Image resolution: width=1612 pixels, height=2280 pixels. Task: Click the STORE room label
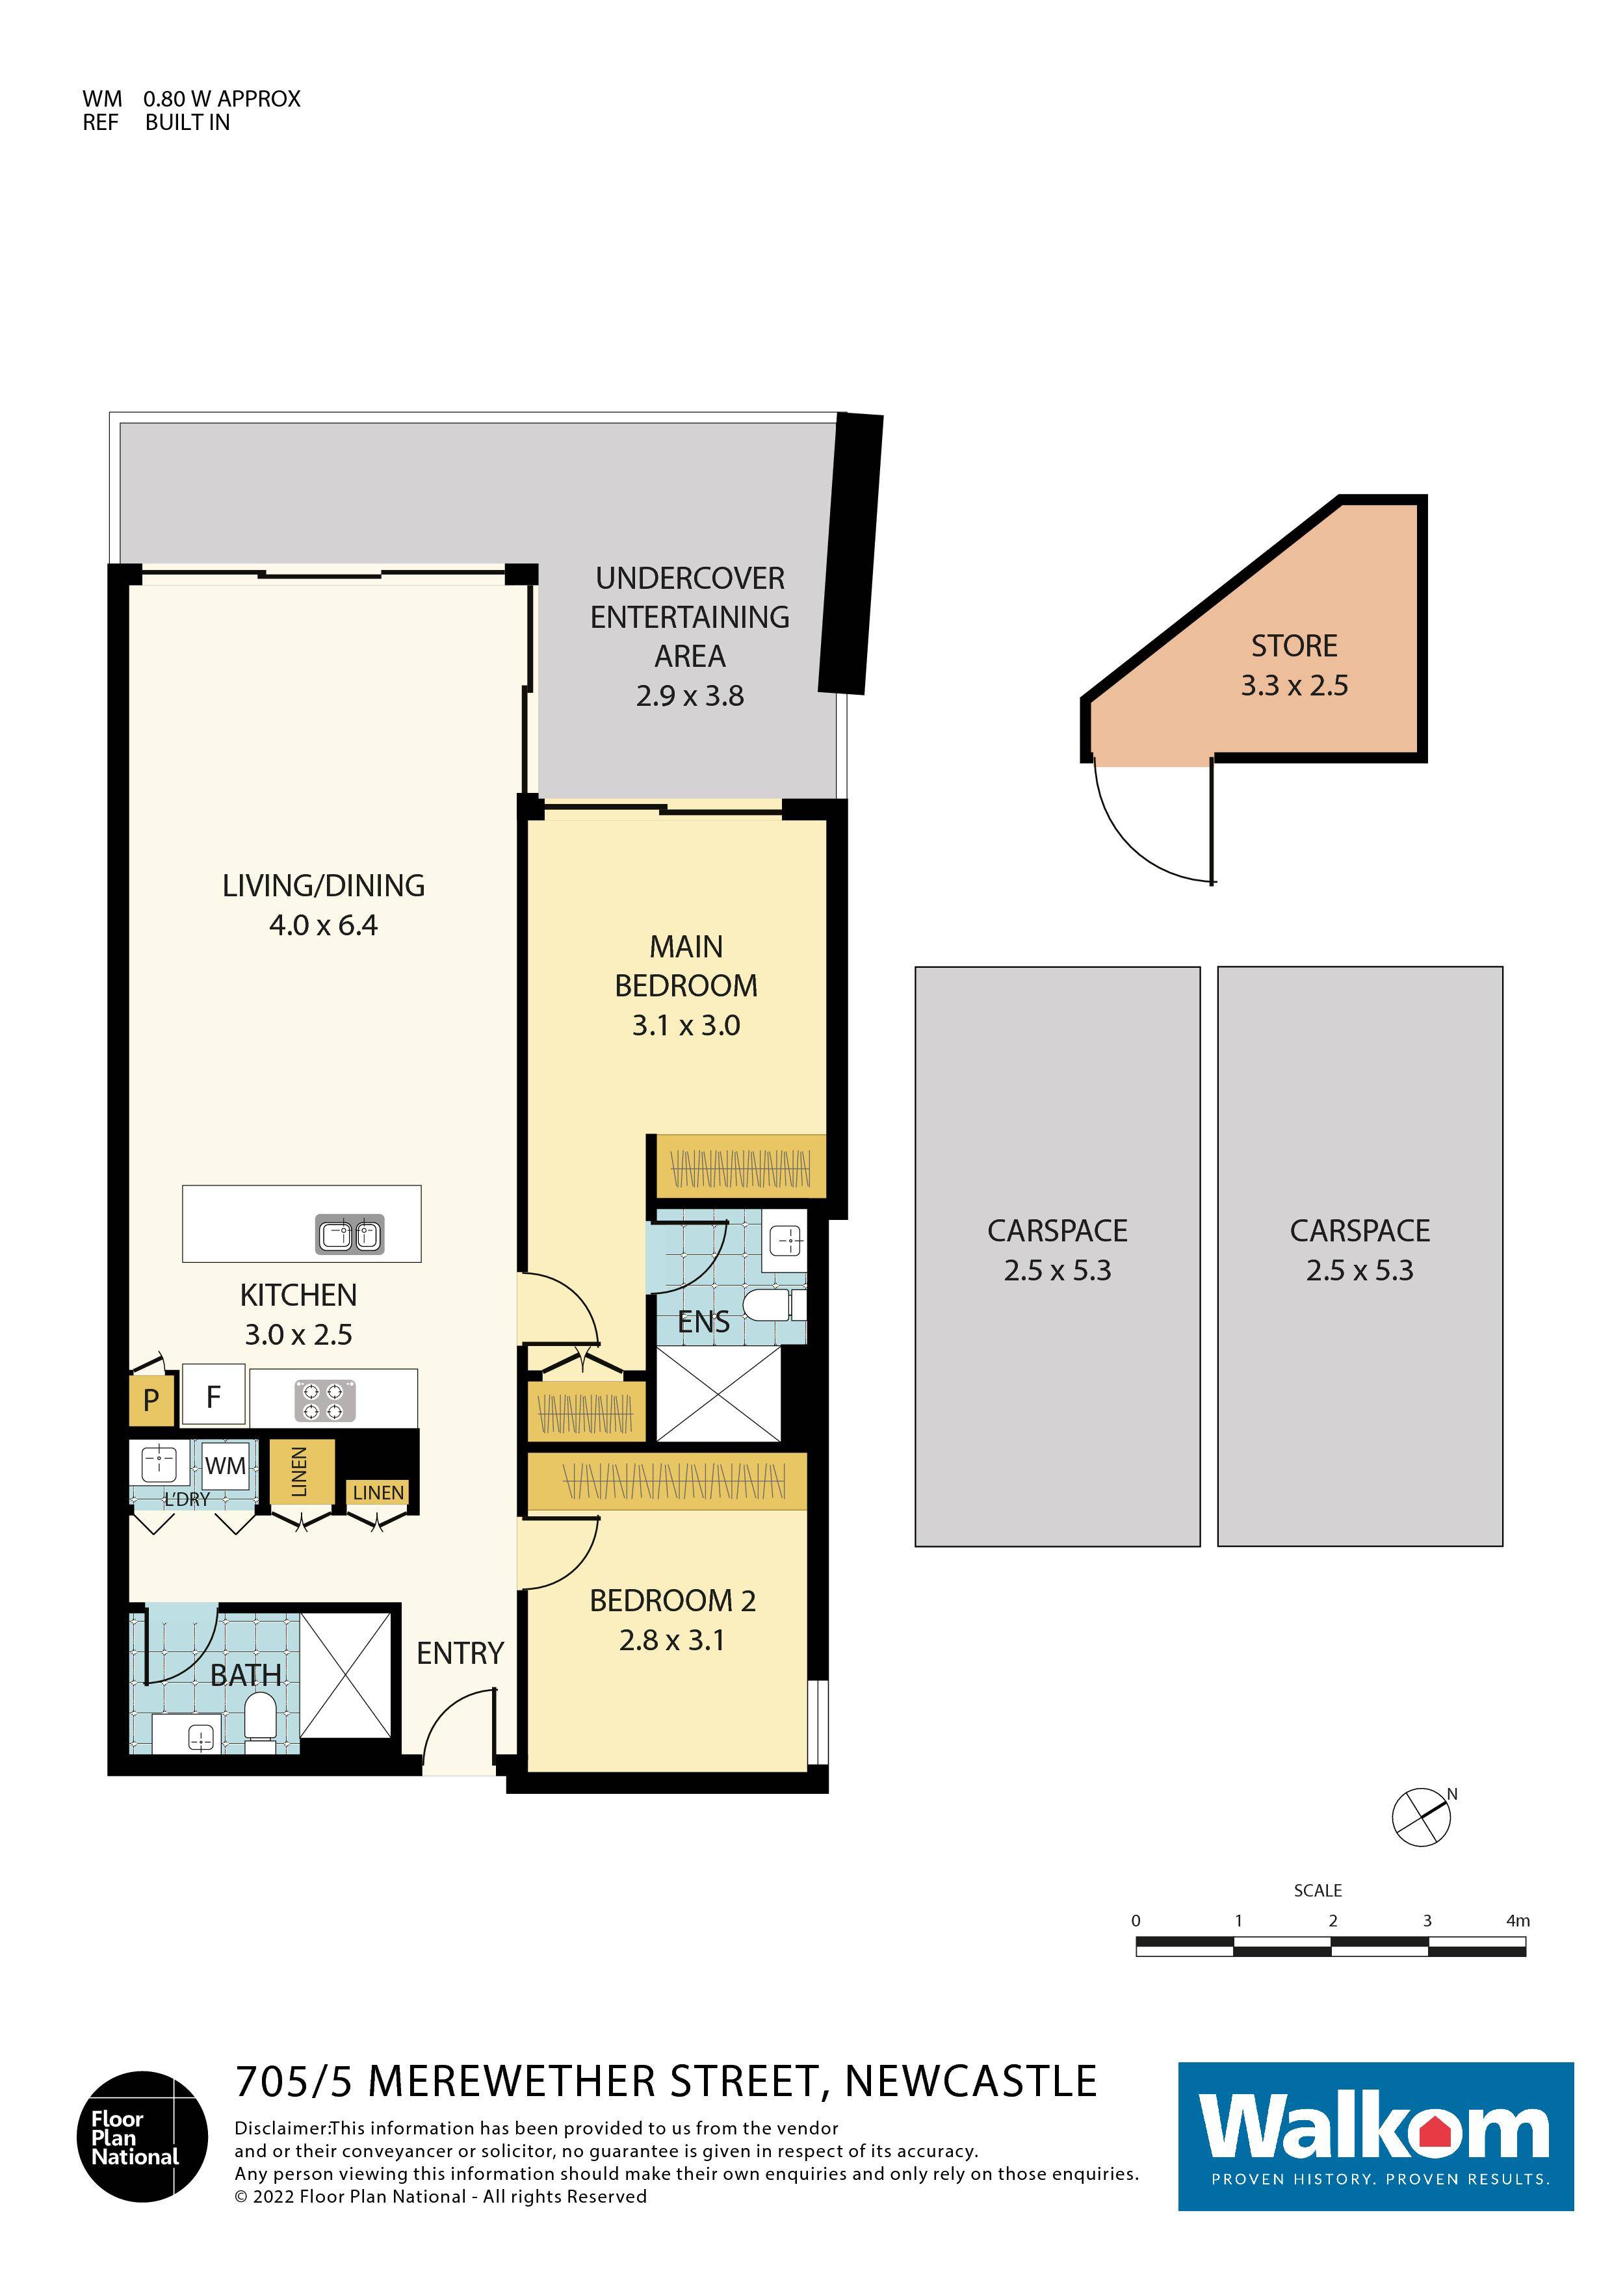[x=1293, y=645]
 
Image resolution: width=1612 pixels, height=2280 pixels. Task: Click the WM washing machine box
[x=226, y=1466]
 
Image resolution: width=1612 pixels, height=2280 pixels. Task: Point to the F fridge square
[x=213, y=1397]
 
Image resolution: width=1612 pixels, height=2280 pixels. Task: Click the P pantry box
[x=151, y=1400]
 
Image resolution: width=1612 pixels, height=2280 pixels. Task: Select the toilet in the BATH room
[x=261, y=1716]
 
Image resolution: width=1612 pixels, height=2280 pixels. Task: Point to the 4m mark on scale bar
[x=1518, y=1921]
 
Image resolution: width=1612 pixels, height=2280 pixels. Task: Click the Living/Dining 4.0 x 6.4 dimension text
[x=323, y=926]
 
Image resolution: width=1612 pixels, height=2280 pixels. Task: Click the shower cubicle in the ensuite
[x=718, y=1392]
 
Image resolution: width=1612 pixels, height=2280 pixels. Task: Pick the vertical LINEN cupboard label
[x=300, y=1471]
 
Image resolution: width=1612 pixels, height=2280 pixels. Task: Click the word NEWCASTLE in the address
[x=970, y=2081]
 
